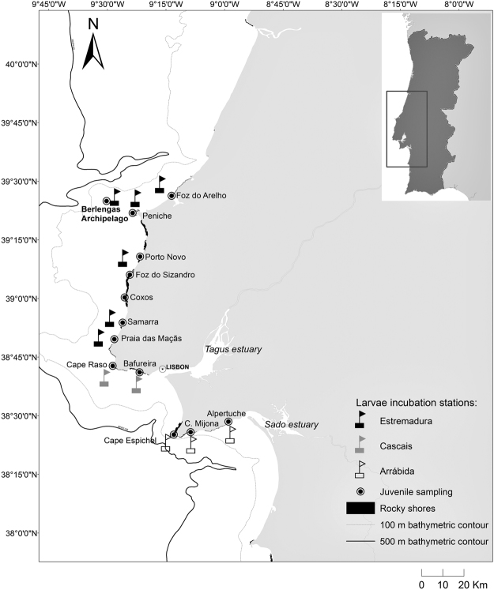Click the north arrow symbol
pyautogui.click(x=93, y=46)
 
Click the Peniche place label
pyautogui.click(x=157, y=215)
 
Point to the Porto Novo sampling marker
pyautogui.click(x=141, y=257)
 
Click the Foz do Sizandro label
pyautogui.click(x=165, y=275)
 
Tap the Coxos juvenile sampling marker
pyautogui.click(x=125, y=298)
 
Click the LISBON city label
pyautogui.click(x=177, y=369)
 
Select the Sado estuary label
pyautogui.click(x=293, y=425)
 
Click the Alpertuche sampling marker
pyautogui.click(x=228, y=422)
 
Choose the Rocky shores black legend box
pyautogui.click(x=362, y=508)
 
